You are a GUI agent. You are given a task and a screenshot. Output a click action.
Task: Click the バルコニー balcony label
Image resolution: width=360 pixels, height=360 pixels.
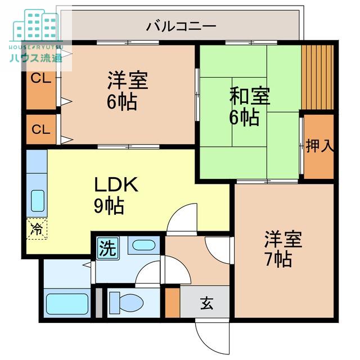[x=181, y=26]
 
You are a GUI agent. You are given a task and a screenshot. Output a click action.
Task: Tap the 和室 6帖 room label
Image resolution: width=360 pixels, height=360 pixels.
[x=250, y=106]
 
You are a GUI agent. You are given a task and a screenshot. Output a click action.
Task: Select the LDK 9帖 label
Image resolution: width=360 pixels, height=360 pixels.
[x=116, y=195]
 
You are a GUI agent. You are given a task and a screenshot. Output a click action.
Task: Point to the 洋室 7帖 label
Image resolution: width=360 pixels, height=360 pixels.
[x=283, y=249]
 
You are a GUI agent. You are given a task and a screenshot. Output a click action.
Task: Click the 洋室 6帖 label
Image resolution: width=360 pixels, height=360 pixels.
[x=128, y=91]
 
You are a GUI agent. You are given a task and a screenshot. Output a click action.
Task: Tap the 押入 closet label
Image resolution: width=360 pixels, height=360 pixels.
[x=319, y=146]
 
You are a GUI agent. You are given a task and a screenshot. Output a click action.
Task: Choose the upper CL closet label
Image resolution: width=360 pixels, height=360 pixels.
[x=40, y=79]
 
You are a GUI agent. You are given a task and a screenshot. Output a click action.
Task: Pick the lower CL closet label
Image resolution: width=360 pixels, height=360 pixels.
[x=41, y=129]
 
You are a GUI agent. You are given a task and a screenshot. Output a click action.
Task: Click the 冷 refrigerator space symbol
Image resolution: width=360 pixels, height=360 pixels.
[x=37, y=229]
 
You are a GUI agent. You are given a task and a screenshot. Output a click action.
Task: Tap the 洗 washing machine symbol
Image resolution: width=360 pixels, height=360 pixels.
[x=107, y=248]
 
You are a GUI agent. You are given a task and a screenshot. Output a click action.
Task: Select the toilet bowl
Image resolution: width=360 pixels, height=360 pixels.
[x=126, y=303]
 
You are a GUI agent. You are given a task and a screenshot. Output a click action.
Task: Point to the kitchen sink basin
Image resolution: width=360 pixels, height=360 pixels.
[x=38, y=201]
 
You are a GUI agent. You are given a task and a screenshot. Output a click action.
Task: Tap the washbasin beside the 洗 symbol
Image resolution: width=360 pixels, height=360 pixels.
[x=144, y=245]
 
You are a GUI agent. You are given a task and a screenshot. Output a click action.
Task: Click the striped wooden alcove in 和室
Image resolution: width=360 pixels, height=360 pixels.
[x=317, y=77]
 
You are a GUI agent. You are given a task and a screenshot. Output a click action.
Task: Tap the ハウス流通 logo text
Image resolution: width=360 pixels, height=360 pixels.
[x=36, y=57]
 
